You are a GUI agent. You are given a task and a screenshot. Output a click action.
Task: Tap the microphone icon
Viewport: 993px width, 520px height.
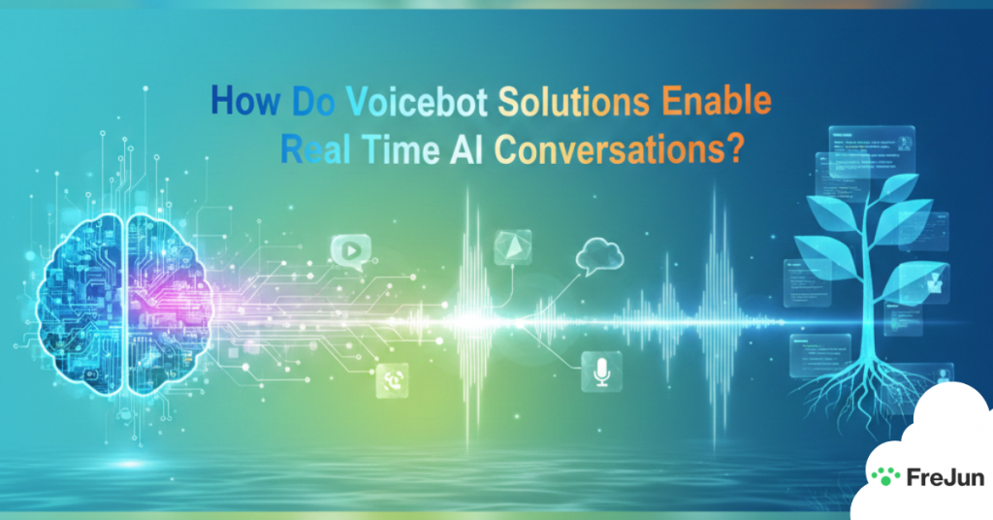click(x=601, y=373)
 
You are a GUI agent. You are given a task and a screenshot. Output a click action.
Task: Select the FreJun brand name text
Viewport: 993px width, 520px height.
click(x=931, y=476)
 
